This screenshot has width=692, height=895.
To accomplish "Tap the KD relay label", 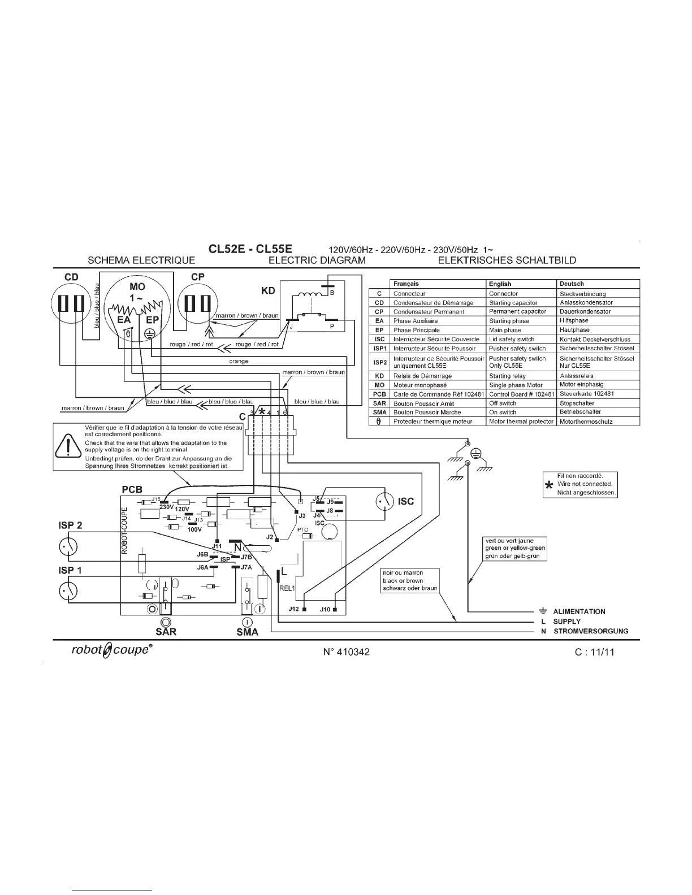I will click(267, 290).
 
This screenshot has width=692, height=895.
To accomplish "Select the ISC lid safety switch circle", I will click(386, 501).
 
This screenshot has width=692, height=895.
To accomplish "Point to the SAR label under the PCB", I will click(166, 632).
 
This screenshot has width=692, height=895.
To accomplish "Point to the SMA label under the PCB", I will click(248, 632).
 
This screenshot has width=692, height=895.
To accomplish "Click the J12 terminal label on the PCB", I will click(293, 609).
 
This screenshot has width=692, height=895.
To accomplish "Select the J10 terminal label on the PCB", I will click(325, 609).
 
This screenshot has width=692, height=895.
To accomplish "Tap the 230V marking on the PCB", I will click(166, 507).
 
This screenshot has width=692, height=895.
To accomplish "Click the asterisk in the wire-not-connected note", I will click(548, 485).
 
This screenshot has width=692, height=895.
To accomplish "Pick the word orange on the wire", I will click(239, 361).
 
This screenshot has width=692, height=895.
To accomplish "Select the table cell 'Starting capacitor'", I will click(513, 303).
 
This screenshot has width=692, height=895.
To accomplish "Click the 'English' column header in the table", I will click(500, 284).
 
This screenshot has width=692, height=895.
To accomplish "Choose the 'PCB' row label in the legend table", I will click(379, 394).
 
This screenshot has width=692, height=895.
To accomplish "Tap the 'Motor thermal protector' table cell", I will click(521, 422).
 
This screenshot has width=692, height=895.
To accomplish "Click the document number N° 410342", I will click(347, 651).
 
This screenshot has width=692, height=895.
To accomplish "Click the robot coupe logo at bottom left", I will click(111, 650).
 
